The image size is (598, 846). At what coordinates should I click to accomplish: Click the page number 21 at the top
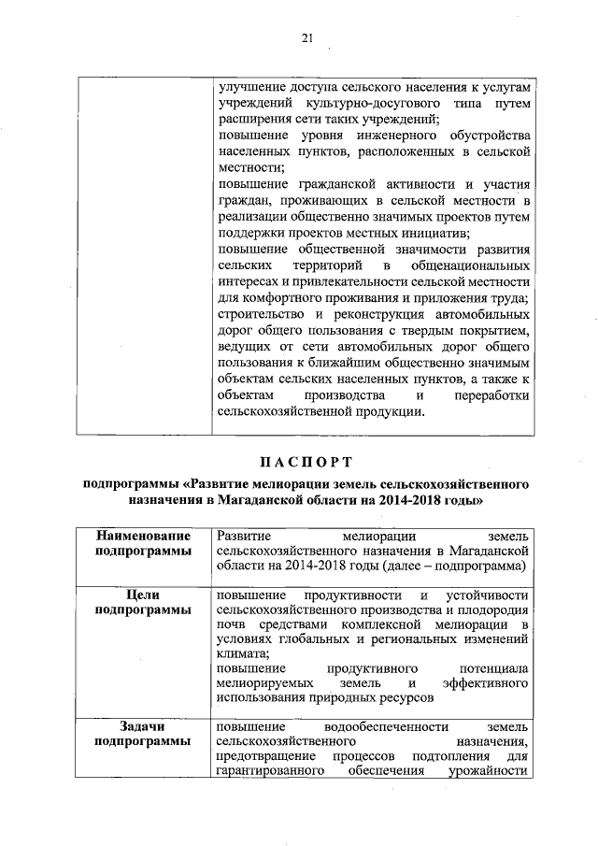pos(306,37)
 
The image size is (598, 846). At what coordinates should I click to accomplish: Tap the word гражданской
pos(330,183)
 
